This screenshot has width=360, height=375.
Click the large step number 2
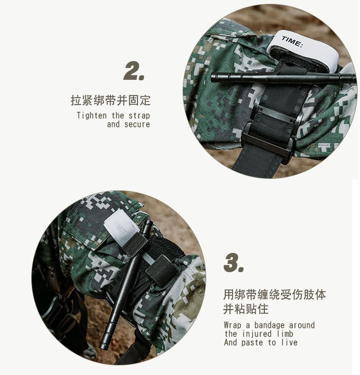134,71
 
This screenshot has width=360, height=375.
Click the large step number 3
234,262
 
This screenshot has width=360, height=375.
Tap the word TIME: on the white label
292,42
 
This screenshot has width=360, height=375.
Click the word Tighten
91,115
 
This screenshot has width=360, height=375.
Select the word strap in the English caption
139,116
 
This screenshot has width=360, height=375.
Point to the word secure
137,125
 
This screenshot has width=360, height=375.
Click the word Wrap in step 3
233,325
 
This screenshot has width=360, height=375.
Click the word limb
285,334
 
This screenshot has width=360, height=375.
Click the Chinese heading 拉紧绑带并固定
111,100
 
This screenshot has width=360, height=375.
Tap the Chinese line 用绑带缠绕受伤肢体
274,294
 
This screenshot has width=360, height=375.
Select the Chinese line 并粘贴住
246,309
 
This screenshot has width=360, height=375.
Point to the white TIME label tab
305,48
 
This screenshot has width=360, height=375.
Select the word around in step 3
302,325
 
